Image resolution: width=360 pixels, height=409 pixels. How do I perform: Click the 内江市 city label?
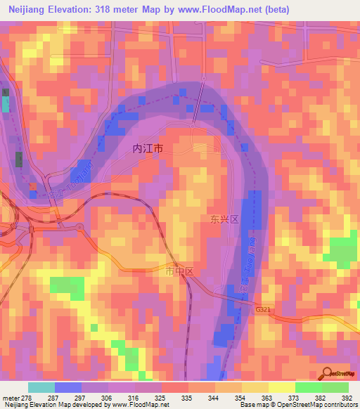[148, 149]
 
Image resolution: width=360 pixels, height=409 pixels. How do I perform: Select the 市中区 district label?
[179, 270]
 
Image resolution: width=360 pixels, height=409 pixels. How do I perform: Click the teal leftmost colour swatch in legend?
[41, 387]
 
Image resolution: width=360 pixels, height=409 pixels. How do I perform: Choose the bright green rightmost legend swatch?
[335, 387]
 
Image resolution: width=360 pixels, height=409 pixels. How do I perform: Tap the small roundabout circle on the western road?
[79, 226]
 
